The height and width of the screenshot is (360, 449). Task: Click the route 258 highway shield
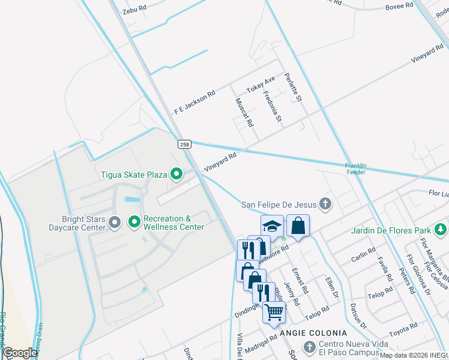(184, 144)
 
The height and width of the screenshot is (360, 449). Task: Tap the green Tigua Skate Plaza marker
(176, 175)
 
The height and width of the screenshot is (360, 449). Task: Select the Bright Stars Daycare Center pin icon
(115, 223)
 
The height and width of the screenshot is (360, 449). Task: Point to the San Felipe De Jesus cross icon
(325, 204)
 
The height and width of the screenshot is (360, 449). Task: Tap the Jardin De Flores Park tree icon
(441, 230)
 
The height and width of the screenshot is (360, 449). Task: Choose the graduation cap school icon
(272, 226)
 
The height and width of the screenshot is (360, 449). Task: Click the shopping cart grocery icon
(274, 311)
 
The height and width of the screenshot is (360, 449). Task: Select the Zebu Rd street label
(134, 9)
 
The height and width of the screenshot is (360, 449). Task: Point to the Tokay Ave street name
(261, 85)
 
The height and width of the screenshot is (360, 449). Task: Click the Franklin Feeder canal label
(360, 169)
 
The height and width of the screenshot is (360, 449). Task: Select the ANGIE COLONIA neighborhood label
(312, 333)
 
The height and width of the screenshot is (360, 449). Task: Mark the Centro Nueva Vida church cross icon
(309, 347)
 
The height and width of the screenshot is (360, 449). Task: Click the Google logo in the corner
(20, 353)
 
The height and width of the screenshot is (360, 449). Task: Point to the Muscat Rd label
(244, 112)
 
